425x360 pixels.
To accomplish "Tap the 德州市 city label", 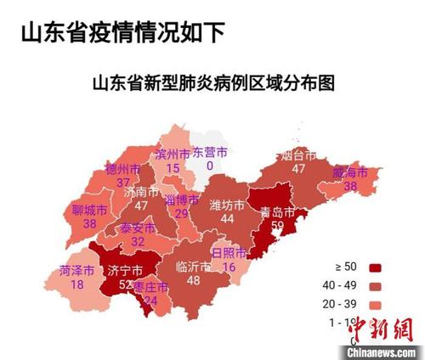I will (123, 169).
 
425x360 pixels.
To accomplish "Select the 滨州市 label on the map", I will (173, 155).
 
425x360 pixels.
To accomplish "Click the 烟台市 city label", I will (297, 155).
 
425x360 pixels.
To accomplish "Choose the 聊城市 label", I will (90, 210).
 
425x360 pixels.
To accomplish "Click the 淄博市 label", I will (181, 200).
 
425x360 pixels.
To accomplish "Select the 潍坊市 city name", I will (227, 205).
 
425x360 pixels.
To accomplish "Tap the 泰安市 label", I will (137, 228).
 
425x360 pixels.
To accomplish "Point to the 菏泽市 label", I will (77, 271).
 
